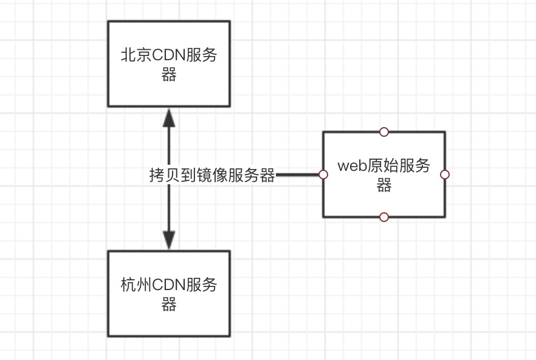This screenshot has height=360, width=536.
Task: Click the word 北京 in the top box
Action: coord(136,55)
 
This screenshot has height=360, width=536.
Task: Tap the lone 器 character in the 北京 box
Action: coord(169,75)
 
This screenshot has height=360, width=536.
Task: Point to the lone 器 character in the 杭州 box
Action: coord(169,305)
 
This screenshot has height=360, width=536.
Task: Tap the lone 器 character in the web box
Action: coord(383,185)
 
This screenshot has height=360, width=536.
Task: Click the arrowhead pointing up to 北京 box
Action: coord(169,117)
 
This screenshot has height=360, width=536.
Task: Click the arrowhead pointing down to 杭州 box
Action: coord(169,240)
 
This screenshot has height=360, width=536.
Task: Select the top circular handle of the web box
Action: coord(383,131)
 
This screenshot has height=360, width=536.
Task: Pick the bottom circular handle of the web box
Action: coord(383,216)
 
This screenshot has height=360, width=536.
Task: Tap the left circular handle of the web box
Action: coord(323,175)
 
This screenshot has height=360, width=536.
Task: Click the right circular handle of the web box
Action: coord(444,175)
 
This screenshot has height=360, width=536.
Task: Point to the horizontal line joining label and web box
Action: coord(298,175)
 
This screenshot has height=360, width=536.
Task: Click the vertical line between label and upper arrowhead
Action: coord(169,146)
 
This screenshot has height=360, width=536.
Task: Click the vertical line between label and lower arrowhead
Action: coord(169,207)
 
